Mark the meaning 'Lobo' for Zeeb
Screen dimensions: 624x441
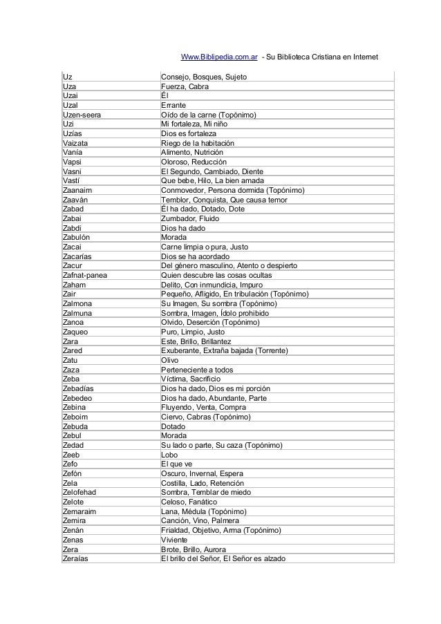[x=169, y=455]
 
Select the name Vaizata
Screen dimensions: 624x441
[x=76, y=142]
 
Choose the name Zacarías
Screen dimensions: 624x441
[x=78, y=256]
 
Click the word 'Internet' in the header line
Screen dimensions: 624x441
[x=362, y=56]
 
